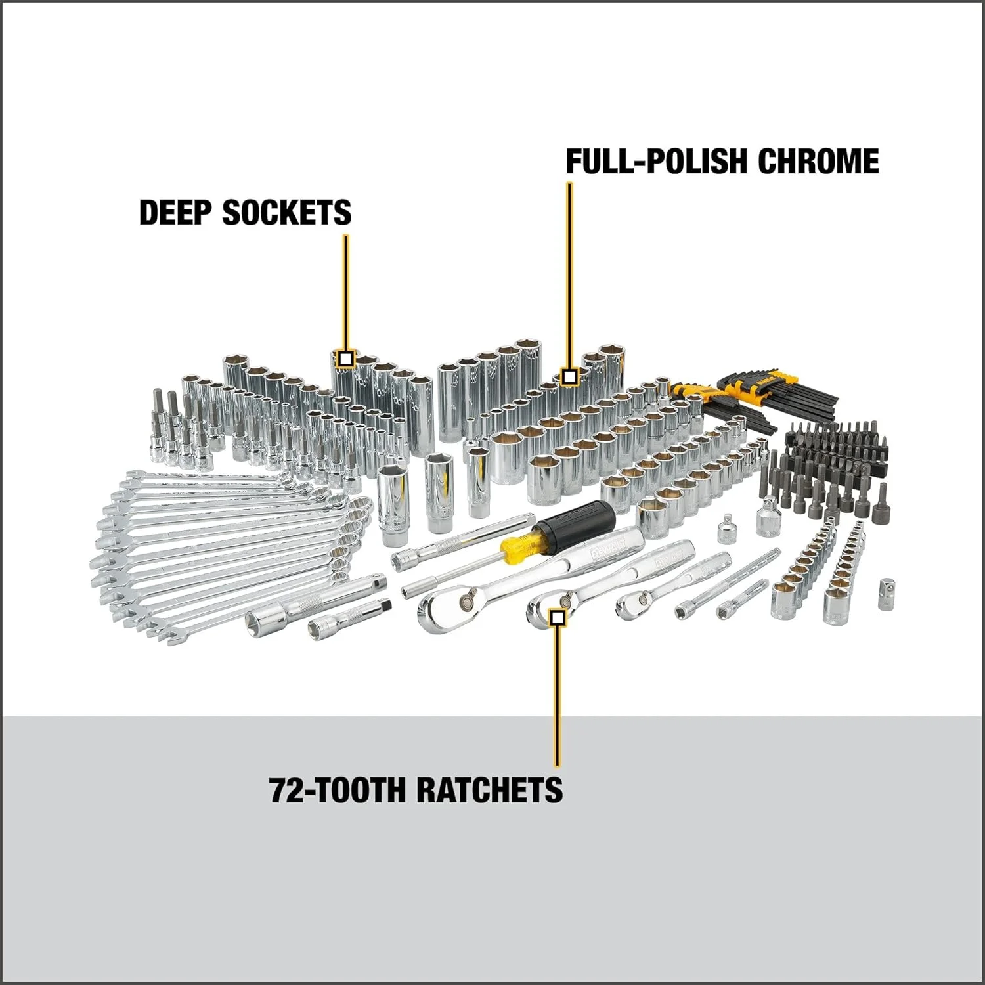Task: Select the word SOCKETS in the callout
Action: [287, 212]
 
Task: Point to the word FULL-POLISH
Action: [656, 162]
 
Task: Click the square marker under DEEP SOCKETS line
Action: [346, 359]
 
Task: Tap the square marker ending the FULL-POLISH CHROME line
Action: [569, 376]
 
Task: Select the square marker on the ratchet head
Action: [558, 617]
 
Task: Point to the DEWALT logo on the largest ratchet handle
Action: [604, 554]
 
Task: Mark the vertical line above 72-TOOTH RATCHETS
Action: [557, 696]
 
